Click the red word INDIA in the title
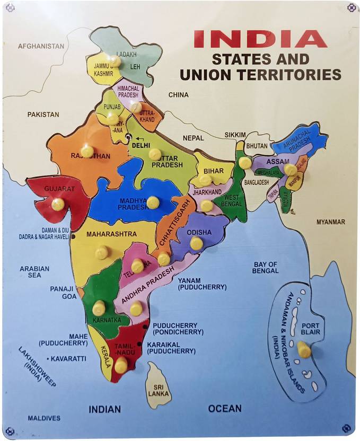click(x=259, y=39)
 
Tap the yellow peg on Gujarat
click(x=58, y=204)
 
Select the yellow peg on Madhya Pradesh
click(x=153, y=202)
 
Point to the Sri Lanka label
click(x=157, y=391)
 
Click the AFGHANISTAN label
click(x=41, y=46)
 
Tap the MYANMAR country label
click(x=330, y=222)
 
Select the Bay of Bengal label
click(x=266, y=267)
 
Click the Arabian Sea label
click(x=34, y=272)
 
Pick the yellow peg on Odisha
click(x=196, y=243)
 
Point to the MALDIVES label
click(x=44, y=418)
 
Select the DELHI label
click(x=141, y=144)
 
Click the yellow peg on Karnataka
click(x=99, y=307)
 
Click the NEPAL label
click(x=194, y=138)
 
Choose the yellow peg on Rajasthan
click(x=87, y=151)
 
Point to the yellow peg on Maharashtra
click(x=101, y=252)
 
